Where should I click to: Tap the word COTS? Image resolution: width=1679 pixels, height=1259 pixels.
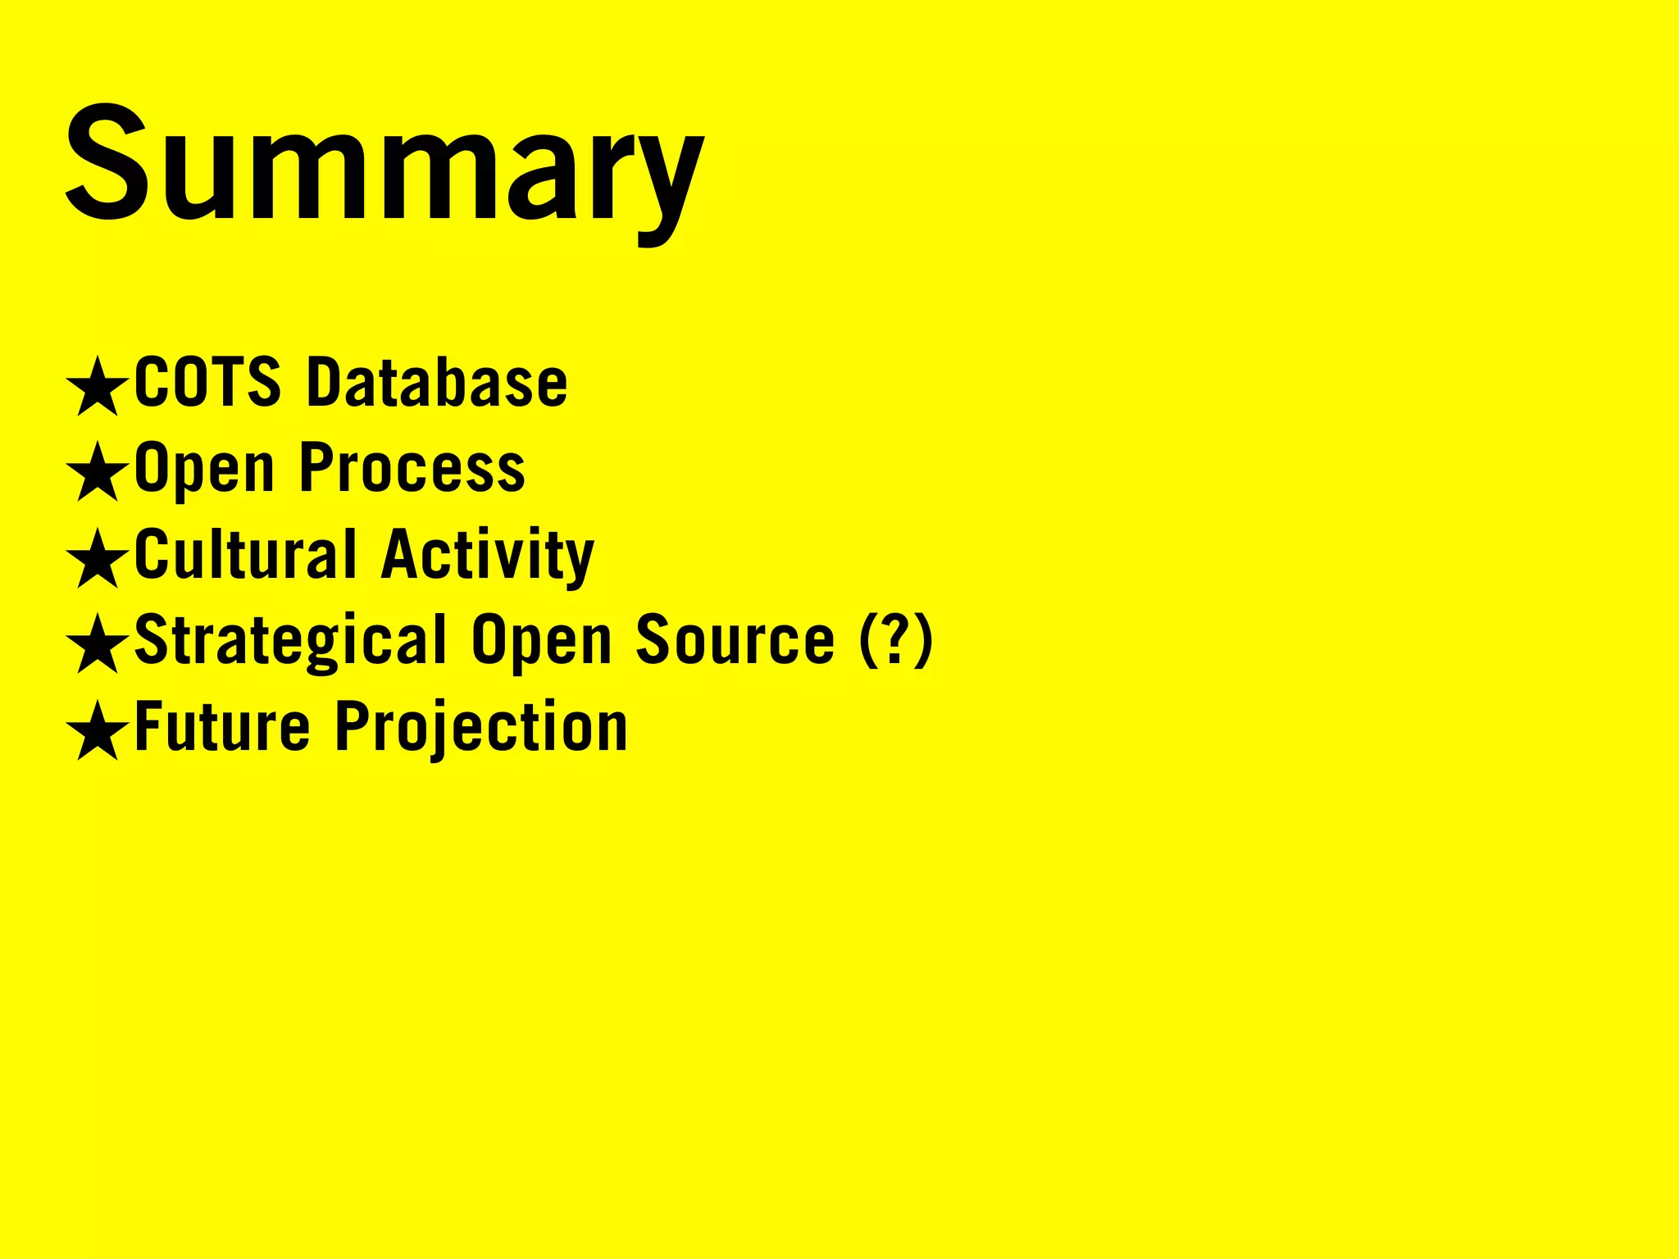pos(207,382)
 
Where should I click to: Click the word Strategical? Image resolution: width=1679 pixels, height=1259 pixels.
pos(290,641)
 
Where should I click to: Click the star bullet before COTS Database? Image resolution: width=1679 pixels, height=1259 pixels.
pos(98,386)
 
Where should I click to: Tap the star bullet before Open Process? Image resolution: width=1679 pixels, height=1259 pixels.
pos(98,472)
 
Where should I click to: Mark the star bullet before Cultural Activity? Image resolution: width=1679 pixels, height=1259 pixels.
pos(98,558)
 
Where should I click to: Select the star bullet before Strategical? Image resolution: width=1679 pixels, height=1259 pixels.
pos(98,644)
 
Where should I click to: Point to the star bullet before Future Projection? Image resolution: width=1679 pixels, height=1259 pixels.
pos(98,730)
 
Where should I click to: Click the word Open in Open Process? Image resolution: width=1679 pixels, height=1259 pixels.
pos(204,470)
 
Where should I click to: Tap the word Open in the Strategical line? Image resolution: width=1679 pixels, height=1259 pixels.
pos(541,642)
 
